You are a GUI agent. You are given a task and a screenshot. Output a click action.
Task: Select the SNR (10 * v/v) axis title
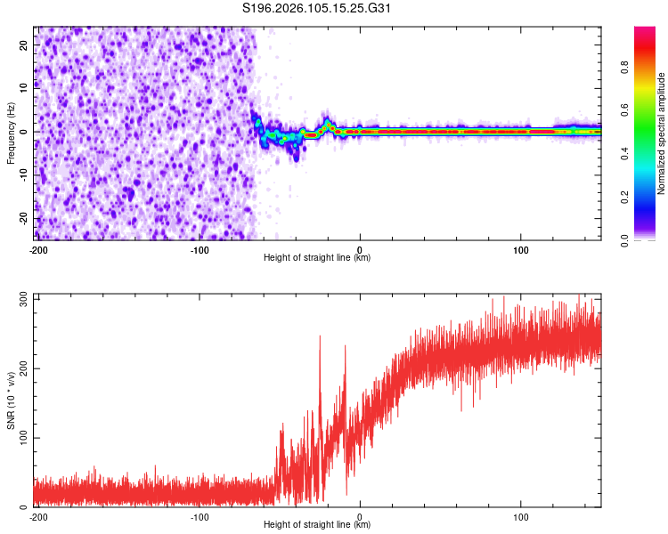[11, 400]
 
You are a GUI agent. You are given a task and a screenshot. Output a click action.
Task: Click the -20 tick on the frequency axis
[22, 218]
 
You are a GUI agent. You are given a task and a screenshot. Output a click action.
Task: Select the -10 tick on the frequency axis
[22, 174]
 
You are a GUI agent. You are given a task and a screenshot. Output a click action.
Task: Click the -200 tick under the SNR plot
[37, 516]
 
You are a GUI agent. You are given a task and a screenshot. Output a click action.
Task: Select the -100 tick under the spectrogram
[199, 249]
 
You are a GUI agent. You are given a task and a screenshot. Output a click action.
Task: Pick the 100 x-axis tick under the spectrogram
[521, 249]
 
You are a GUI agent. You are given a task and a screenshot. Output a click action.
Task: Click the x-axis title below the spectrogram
[317, 258]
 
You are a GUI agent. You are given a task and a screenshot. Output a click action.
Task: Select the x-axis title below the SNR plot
[317, 525]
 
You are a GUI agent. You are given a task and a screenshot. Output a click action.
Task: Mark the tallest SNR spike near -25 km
[320, 336]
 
